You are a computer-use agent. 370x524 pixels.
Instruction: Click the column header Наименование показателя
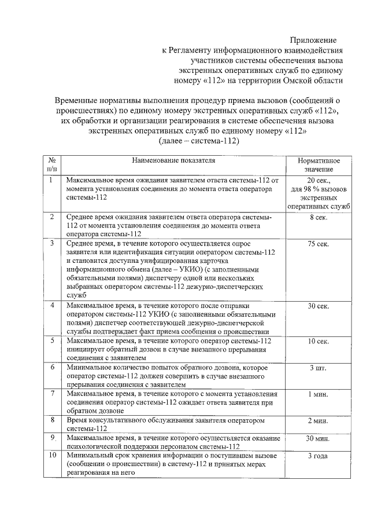173,160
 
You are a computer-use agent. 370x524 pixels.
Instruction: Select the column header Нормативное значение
319,165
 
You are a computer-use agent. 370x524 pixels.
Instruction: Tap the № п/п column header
51,165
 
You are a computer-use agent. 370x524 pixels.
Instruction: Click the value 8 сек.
319,217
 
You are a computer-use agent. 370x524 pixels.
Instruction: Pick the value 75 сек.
319,244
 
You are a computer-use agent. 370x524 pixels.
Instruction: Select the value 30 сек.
319,306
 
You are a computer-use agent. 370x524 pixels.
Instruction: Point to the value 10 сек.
319,342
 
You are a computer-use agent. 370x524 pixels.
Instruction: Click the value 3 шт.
319,368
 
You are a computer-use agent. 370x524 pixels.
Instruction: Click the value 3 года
319,456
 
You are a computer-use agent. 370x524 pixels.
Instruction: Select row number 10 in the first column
51,456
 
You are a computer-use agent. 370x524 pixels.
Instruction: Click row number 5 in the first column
51,342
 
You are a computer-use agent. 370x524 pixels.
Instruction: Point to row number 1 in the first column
51,180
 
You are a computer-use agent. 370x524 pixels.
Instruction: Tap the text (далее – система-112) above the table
198,141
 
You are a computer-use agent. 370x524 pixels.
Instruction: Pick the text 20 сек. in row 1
319,181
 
